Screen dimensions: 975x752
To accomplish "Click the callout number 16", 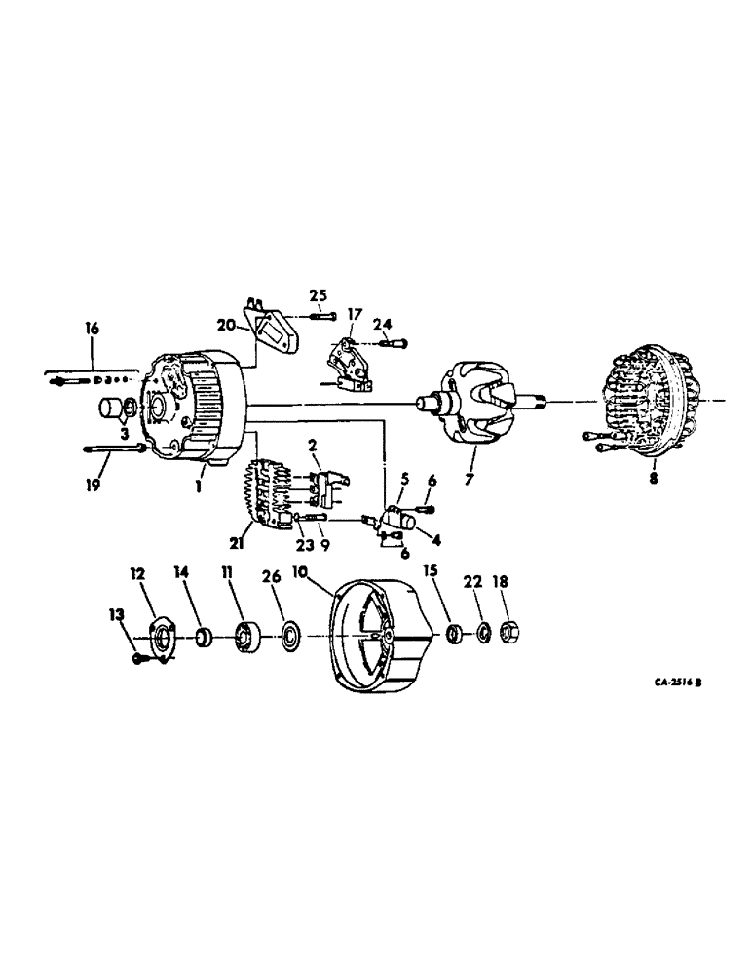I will [93, 330].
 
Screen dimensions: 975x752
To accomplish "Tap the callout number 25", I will [319, 295].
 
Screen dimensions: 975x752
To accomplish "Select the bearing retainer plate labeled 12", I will [161, 639].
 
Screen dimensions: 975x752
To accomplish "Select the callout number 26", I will [272, 577].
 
